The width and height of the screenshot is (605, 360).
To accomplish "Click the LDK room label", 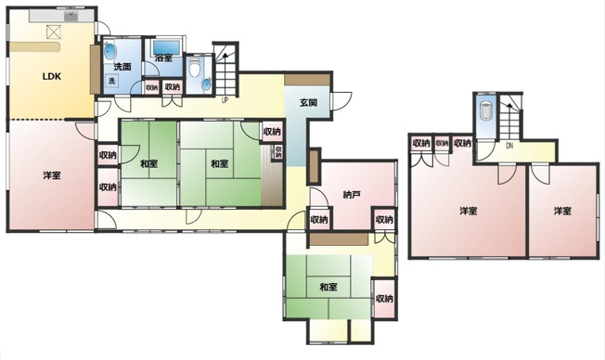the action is click(52, 76).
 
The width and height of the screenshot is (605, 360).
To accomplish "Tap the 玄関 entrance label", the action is click(309, 103).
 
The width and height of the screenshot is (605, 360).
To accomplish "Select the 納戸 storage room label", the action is click(352, 195).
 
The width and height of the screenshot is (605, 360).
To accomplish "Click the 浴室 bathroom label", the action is click(163, 58).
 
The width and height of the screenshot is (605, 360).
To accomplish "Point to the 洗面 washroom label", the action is click(122, 67).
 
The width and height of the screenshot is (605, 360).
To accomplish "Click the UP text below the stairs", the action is click(225, 100).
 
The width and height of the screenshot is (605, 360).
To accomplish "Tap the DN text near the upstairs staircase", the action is click(509, 146).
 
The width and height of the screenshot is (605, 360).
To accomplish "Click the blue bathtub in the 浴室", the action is click(167, 48).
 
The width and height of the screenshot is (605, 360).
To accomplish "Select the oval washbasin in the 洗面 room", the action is click(109, 52).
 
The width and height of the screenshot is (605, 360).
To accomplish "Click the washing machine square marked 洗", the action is click(112, 81).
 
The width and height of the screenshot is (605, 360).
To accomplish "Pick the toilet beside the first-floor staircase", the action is click(195, 69).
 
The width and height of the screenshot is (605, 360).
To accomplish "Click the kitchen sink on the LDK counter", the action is click(71, 16).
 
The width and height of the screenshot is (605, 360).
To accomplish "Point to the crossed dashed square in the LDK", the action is click(54, 32).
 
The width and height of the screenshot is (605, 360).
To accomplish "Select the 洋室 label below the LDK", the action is click(52, 175).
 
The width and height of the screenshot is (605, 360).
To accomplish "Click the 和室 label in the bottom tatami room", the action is click(328, 287).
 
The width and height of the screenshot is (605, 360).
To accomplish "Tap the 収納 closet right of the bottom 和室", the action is click(384, 298).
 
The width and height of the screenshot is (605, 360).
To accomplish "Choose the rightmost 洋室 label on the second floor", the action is click(563, 211).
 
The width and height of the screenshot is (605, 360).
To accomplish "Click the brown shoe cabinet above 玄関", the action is click(307, 80).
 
